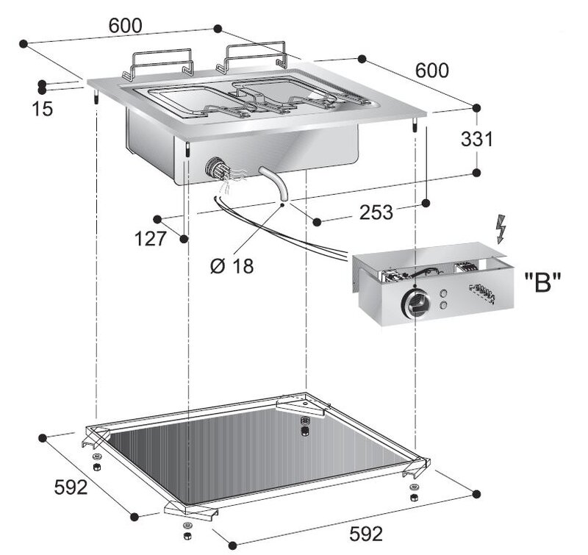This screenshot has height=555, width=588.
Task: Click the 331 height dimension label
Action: coord(476,139)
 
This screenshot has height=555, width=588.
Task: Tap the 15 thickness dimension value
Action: coord(43,109)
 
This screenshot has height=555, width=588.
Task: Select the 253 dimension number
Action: coord(376,212)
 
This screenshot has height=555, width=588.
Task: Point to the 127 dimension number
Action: coord(151,238)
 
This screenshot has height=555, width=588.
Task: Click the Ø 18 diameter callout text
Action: coord(232,266)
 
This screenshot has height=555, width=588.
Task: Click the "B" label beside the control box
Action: coord(542,282)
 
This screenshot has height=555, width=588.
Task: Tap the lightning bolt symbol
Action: coord(501,229)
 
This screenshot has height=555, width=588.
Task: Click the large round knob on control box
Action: coord(415,302)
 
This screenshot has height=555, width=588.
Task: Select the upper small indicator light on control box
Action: coord(444,293)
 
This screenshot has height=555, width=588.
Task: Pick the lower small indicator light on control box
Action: coord(443,305)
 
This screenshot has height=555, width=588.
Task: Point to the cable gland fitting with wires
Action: coord(216,171)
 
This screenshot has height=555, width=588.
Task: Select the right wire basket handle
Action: coord(252,57)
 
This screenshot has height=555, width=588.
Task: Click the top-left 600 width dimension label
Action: coord(126,26)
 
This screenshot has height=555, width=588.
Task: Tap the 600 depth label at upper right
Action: coord(431,70)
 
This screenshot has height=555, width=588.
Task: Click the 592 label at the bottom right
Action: coord(366,534)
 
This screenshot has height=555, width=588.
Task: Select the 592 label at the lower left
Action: coord(71,487)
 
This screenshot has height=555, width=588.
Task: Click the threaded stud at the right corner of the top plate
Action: coord(415,125)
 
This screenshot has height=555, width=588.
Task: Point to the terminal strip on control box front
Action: coord(483,292)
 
